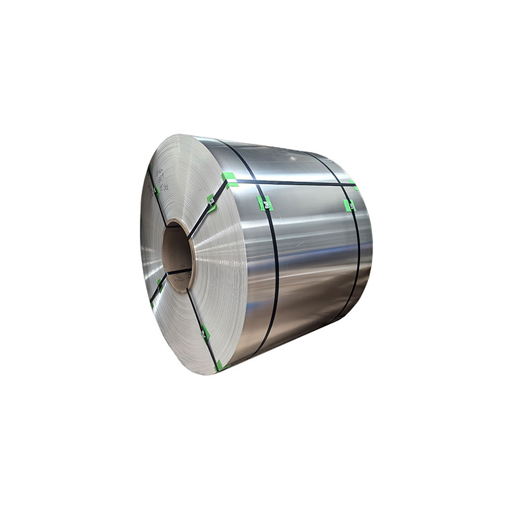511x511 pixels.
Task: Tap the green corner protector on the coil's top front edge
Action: click(x=229, y=179)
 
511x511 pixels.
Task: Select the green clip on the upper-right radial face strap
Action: click(x=211, y=203)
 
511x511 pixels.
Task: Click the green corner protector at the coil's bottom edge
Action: click(x=220, y=365)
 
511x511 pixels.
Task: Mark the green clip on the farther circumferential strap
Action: click(x=349, y=205)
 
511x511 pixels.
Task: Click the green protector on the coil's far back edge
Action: click(x=353, y=185)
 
